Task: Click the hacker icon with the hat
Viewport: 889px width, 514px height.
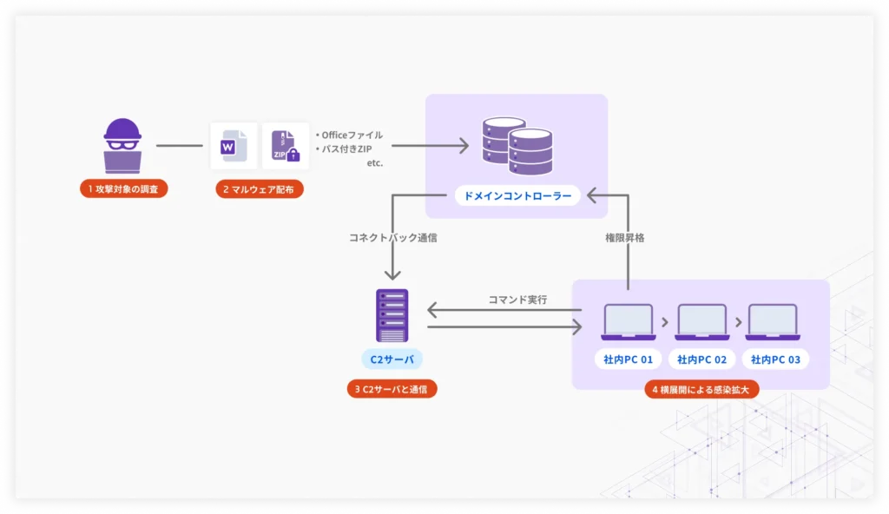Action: pos(122,145)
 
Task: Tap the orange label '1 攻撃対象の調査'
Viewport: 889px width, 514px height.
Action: pos(122,188)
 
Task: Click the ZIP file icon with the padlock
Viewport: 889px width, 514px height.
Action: pos(285,146)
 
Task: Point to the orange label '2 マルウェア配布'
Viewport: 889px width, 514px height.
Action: pos(260,188)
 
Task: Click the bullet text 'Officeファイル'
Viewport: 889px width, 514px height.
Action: pos(350,135)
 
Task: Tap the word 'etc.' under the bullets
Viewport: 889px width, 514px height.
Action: pos(374,162)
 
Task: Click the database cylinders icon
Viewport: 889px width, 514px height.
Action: pos(517,145)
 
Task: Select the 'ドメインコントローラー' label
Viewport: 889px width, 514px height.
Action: pos(517,195)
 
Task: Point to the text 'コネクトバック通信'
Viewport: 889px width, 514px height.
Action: pos(393,236)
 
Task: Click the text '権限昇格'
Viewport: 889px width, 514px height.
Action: pos(624,236)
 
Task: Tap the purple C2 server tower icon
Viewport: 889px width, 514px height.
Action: pos(392,315)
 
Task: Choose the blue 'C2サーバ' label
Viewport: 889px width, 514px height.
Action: pos(392,359)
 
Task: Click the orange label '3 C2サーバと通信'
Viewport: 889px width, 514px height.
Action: pos(392,389)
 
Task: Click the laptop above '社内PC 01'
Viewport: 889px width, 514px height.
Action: pos(629,321)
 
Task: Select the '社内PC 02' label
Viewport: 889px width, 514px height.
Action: pos(701,359)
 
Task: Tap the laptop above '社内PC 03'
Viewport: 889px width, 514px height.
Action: pos(773,321)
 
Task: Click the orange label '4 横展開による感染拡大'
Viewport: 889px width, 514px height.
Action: pos(702,389)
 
